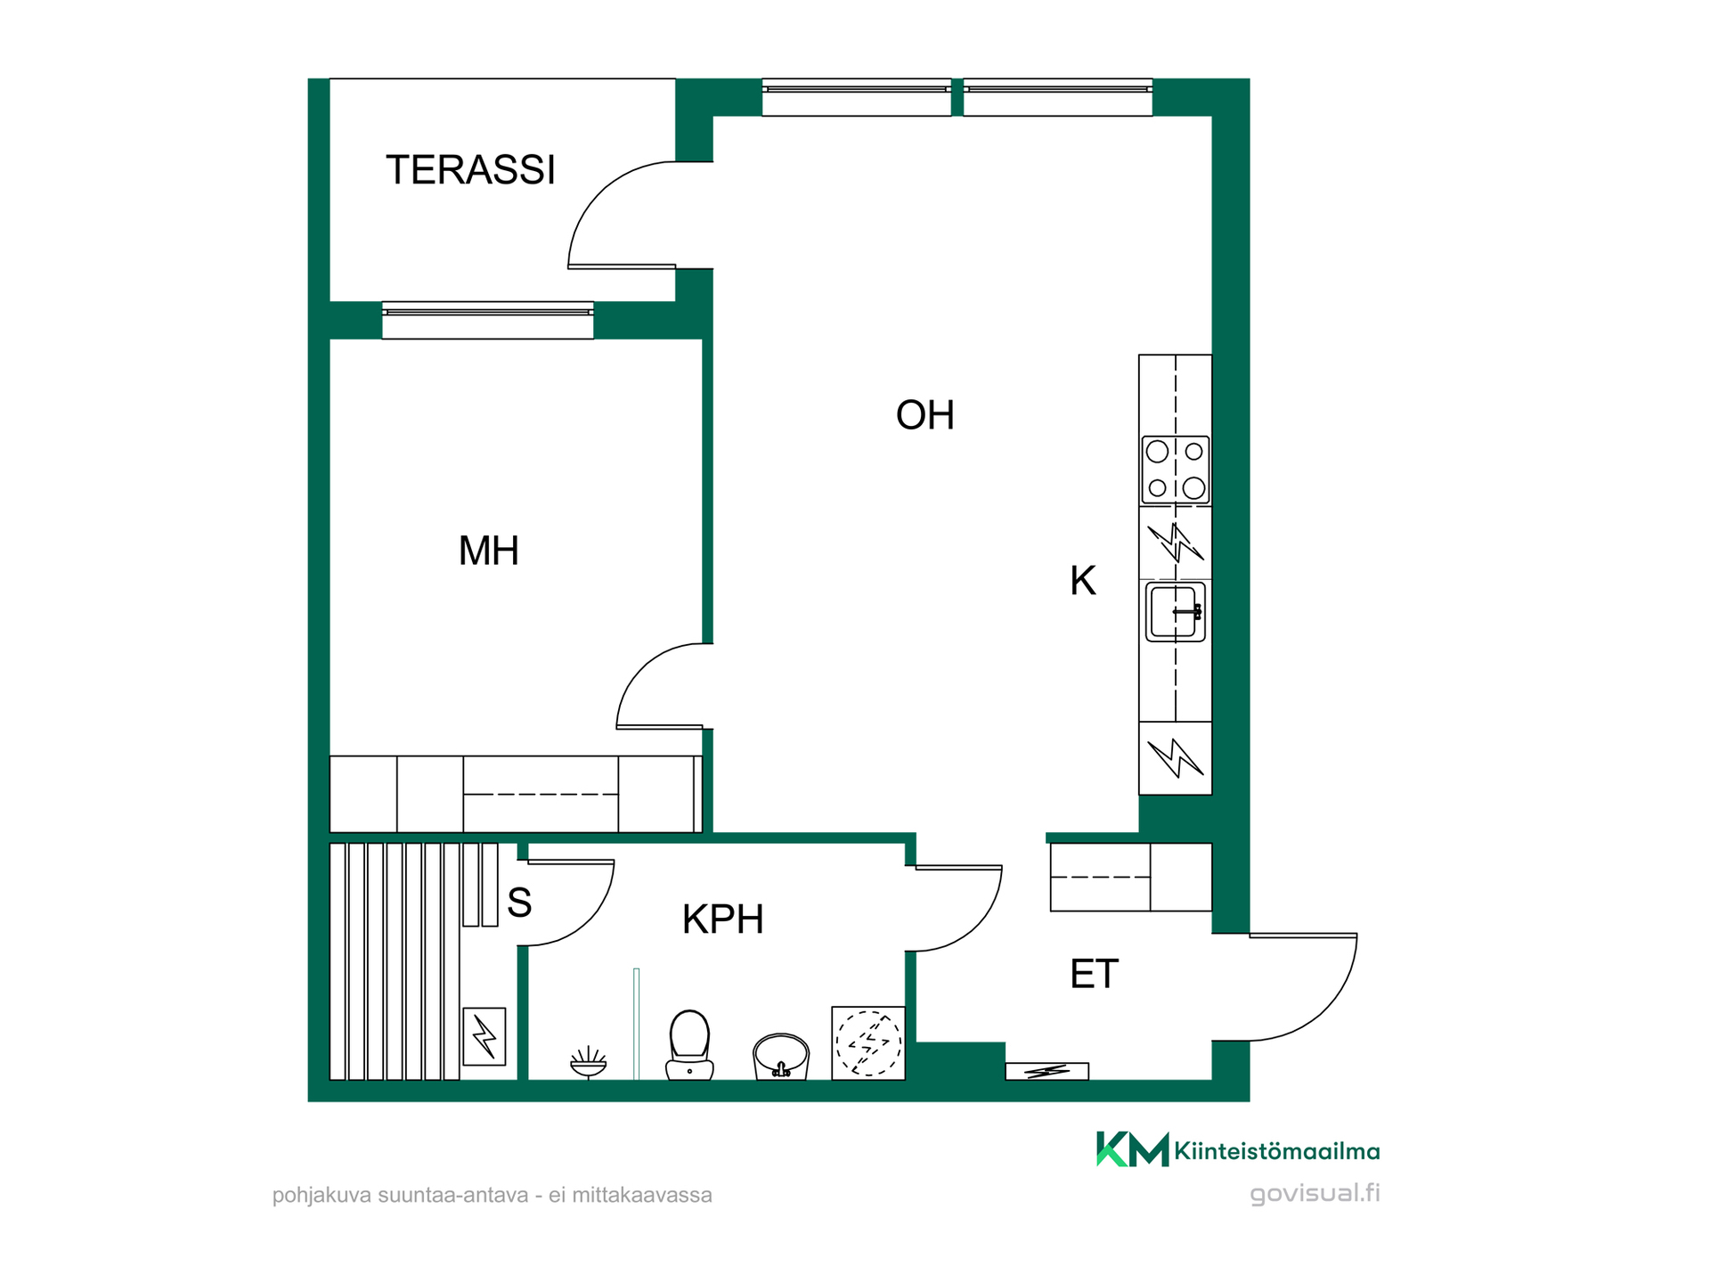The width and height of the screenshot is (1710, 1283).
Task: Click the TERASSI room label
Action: [x=470, y=169]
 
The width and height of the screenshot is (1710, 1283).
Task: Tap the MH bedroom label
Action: [x=488, y=551]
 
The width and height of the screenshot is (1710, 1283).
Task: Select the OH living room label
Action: [x=924, y=415]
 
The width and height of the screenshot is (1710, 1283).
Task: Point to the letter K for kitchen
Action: [x=1082, y=581]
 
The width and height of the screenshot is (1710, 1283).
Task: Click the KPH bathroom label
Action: [x=722, y=919]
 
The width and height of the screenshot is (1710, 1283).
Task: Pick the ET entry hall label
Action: [x=1094, y=974]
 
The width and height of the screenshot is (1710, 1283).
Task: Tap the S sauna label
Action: [x=519, y=903]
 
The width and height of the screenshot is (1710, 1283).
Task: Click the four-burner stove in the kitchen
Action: [x=1176, y=470]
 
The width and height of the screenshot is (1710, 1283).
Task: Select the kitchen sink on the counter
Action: [x=1176, y=611]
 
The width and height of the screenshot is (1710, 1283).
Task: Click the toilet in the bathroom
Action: [x=689, y=1044]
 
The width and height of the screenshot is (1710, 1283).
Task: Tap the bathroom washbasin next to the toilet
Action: [x=781, y=1056]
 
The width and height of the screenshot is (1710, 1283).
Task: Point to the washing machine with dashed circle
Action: [x=868, y=1043]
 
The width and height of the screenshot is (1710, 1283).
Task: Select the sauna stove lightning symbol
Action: [x=484, y=1036]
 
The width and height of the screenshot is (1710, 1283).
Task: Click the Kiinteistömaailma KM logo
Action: [x=1132, y=1148]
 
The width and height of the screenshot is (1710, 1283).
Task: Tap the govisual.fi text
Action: [x=1315, y=1193]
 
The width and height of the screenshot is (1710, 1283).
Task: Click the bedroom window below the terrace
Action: [x=488, y=320]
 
